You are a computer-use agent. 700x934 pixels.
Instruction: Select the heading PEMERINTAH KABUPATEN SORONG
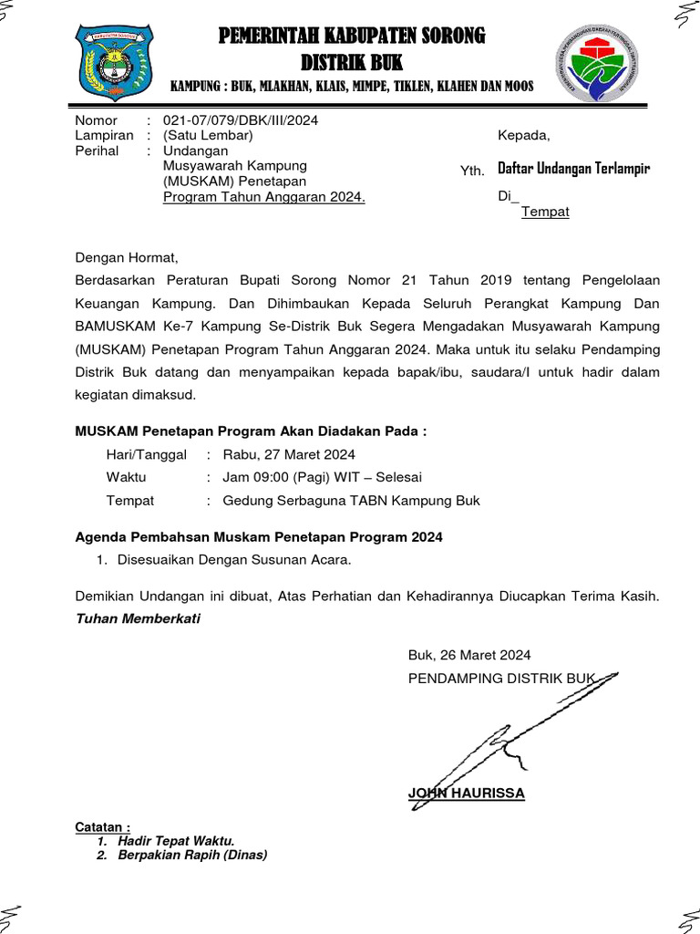[352, 36]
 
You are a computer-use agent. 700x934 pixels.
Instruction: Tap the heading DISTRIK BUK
[352, 62]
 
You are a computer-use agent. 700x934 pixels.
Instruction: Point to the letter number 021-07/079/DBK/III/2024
[241, 120]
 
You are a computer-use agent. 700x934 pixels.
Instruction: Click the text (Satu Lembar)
[207, 136]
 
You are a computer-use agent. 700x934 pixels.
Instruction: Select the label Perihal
[97, 150]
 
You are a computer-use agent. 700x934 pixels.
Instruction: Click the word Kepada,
[524, 136]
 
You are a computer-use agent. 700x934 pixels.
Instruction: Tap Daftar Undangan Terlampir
[573, 169]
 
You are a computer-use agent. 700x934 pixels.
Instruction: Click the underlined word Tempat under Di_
[545, 212]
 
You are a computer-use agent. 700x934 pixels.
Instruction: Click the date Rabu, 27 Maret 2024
[283, 454]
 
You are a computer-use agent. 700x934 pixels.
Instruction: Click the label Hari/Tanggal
[146, 454]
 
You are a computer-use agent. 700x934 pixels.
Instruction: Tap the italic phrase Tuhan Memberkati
[137, 618]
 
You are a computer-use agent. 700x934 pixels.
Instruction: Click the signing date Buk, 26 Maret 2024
[469, 655]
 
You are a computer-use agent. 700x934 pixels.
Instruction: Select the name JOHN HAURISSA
[467, 794]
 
